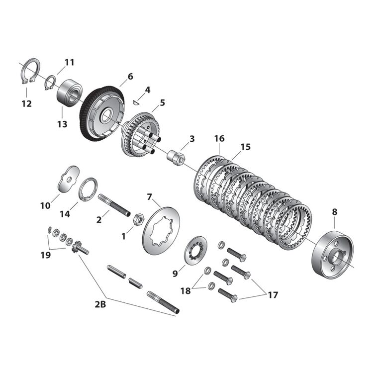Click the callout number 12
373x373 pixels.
pos(26,103)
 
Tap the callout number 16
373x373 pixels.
pos(219,138)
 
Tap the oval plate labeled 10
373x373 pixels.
pos(67,179)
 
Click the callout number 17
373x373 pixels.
pos(273,295)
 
